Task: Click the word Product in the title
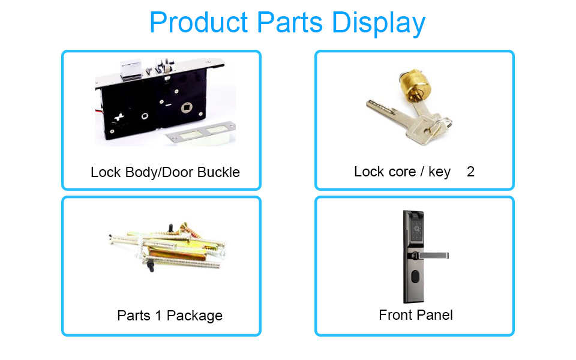[x=199, y=22]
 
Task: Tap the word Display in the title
[x=379, y=23]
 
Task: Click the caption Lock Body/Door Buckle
[x=165, y=172]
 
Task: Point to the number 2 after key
[x=470, y=172]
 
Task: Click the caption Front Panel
[x=415, y=315]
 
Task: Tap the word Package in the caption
[x=194, y=316]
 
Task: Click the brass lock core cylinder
[x=415, y=85]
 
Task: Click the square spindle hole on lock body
[x=187, y=107]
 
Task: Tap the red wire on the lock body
[x=98, y=111]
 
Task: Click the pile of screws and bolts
[x=167, y=247]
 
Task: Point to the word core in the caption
[x=402, y=172]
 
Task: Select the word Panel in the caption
[x=434, y=315]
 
